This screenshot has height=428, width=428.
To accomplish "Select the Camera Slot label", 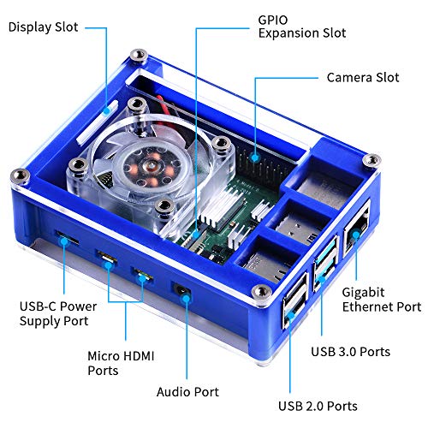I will point(362,78).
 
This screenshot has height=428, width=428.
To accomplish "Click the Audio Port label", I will point(187,391).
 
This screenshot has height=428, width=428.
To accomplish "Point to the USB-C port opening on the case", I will point(65,236).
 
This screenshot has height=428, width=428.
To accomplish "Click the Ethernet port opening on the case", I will point(354,230).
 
